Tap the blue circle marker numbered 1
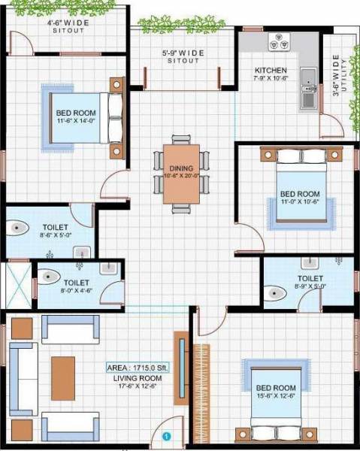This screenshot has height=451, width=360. tap(167, 434)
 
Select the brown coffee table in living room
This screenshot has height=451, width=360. tap(63, 373)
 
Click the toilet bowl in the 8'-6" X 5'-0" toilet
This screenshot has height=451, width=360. tap(20, 228)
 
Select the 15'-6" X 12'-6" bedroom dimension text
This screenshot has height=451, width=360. tap(273, 395)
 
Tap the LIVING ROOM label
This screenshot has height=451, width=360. tap(135, 379)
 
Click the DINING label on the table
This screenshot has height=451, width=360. tap(181, 168)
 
